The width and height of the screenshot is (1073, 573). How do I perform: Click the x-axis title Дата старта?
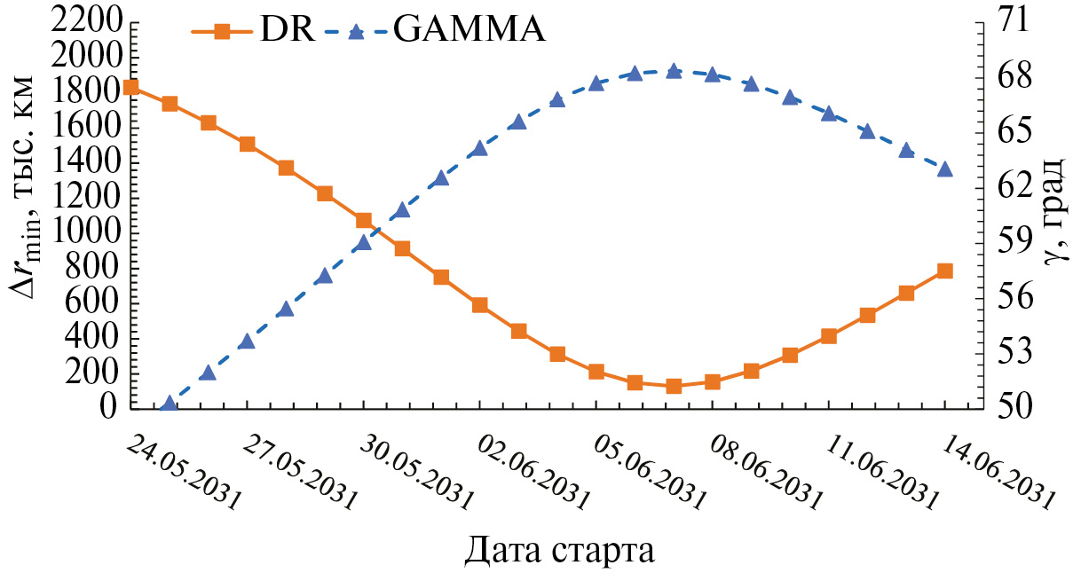tap(560, 550)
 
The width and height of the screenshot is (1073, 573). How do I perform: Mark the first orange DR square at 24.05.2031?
tap(131, 87)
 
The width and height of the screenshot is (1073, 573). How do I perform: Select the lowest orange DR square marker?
tap(674, 386)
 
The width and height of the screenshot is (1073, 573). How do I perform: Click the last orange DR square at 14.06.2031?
tap(944, 271)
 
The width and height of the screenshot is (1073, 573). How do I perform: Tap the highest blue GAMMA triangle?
tap(674, 71)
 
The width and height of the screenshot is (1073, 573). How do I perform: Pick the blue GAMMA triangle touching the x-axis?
tap(170, 404)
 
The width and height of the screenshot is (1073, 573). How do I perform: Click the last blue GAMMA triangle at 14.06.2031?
tap(944, 169)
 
